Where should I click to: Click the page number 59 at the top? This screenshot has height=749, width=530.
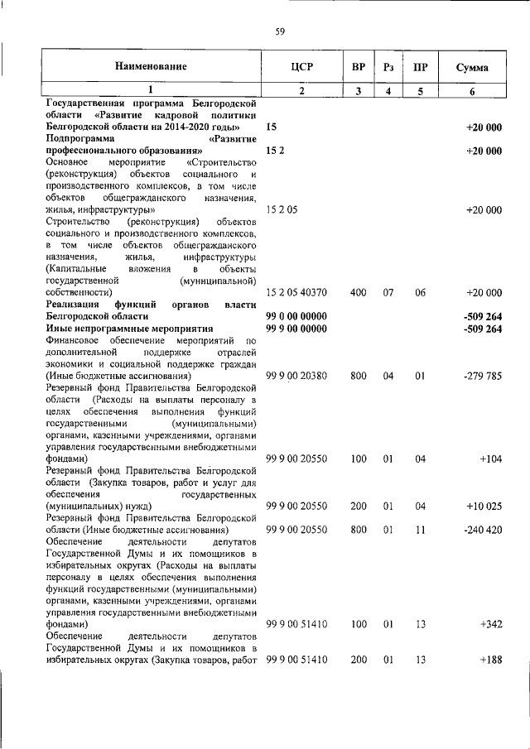(x=280, y=31)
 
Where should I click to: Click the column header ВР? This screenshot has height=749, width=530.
(x=358, y=66)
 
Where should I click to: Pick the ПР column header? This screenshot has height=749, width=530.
(x=420, y=66)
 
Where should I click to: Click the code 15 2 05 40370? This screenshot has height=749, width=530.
(x=296, y=293)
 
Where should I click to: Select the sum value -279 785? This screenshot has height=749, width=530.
(x=483, y=376)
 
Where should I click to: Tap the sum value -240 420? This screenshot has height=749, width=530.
(x=483, y=529)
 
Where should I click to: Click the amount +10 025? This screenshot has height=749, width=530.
(x=485, y=506)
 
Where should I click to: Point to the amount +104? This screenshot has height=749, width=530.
(x=490, y=458)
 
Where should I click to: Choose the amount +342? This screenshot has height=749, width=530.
(x=490, y=624)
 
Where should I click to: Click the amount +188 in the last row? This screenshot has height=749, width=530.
(x=490, y=660)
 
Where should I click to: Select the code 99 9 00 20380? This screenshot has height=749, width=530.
(x=296, y=376)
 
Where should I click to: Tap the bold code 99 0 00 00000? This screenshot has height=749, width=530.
(x=296, y=317)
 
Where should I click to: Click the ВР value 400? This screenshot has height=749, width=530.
(x=358, y=293)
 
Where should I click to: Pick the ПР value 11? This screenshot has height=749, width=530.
(x=420, y=529)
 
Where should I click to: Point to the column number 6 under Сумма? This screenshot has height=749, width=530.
(x=471, y=92)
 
